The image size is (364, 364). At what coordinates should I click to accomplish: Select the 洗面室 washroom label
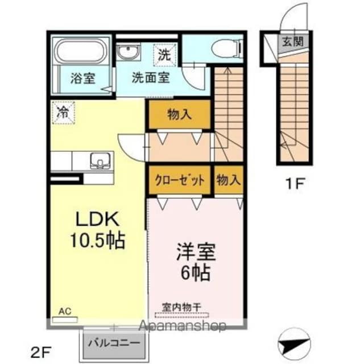pos(151,78)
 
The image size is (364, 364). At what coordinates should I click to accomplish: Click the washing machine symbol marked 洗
pos(165,56)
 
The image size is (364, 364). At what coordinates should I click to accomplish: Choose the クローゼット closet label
pos(180,181)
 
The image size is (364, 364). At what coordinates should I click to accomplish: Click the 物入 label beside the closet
pos(228,181)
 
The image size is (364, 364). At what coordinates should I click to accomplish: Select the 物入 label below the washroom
pos(179,115)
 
